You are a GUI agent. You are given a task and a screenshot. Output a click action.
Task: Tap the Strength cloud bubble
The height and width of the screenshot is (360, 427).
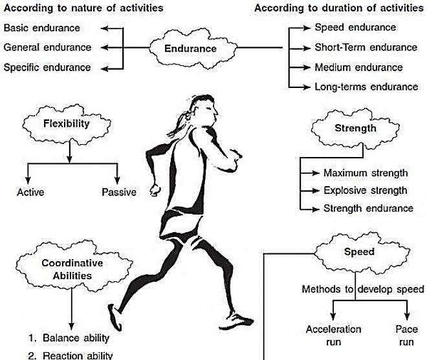coord(355,128)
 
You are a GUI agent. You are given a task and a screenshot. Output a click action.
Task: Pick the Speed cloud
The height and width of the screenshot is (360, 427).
coord(359,252)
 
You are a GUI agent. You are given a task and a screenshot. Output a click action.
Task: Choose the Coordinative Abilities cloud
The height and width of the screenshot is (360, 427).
coord(67,269)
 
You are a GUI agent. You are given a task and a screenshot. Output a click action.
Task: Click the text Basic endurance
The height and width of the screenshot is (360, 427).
coord(42,28)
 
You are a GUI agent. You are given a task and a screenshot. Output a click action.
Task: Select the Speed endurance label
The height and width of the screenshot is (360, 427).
coord(355,27)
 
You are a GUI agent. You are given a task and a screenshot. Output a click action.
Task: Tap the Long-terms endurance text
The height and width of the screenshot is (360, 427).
coord(366,86)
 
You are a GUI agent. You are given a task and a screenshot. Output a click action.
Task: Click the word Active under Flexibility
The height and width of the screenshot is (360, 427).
coord(31,192)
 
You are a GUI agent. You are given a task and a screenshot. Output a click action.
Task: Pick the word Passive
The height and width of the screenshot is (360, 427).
coord(119,192)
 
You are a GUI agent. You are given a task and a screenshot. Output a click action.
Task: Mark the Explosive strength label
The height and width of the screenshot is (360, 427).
coord(365,191)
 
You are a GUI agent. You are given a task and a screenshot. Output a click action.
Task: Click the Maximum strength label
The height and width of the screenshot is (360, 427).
coord(365,173)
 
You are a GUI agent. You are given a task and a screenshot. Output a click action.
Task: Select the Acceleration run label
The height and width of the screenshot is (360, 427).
coord(333,335)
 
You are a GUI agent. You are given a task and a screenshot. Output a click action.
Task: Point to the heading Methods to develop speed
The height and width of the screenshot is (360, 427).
coord(363,289)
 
